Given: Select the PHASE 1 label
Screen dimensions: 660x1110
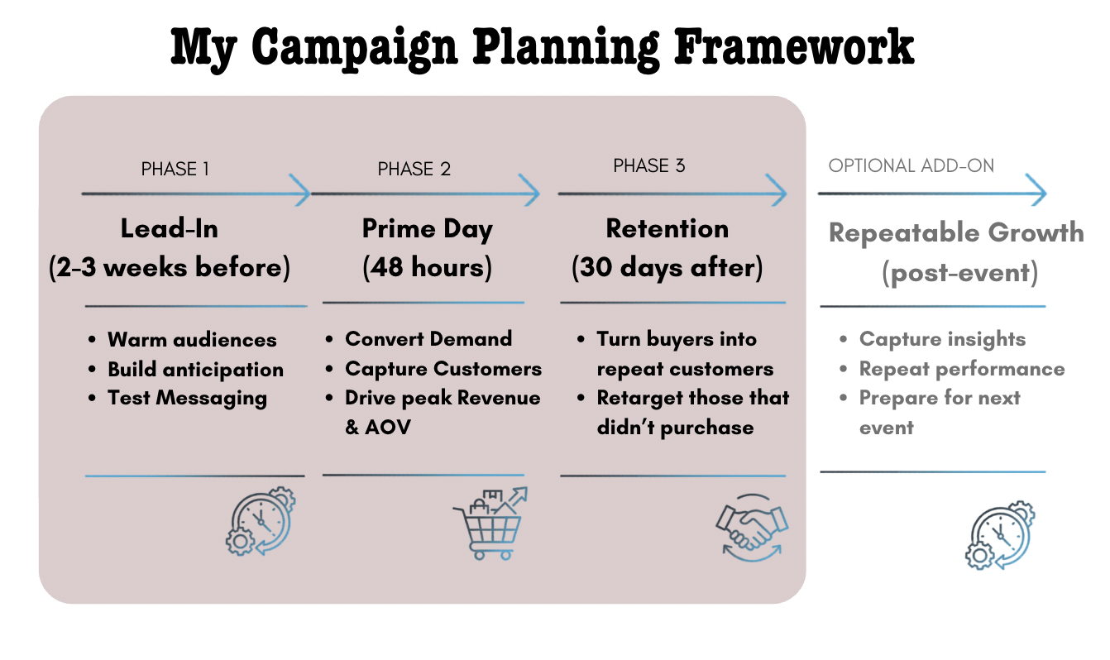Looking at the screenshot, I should click(175, 170).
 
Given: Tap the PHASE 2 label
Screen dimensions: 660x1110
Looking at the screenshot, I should click(414, 170).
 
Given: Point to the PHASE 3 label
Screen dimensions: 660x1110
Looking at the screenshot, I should click(649, 166).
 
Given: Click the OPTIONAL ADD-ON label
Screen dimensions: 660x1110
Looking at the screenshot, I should click(911, 166).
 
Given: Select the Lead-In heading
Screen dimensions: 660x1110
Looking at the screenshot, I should click(170, 228).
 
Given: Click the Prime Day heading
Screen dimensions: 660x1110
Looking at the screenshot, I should click(427, 228).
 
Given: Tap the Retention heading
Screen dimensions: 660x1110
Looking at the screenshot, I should click(667, 228).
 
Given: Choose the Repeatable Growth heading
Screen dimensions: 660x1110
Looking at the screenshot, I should click(956, 232).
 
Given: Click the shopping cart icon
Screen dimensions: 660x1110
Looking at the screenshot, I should click(490, 524).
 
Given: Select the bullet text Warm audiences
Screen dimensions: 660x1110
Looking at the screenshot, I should click(192, 340).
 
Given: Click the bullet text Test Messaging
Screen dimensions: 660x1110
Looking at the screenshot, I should click(187, 398).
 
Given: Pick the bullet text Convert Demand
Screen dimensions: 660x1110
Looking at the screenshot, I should click(428, 339).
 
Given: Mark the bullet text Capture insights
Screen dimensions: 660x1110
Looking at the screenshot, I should click(942, 339).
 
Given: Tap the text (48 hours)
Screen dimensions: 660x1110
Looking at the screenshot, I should click(427, 269).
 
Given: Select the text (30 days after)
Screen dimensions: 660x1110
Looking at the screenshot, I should click(667, 269).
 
